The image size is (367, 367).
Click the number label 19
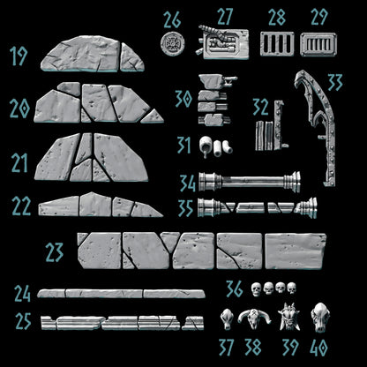click(x=19, y=58)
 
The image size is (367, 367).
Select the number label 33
click(x=334, y=83)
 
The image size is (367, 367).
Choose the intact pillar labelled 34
click(x=251, y=183)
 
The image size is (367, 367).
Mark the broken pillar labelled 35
click(x=257, y=209)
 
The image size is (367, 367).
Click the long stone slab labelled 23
click(x=201, y=250)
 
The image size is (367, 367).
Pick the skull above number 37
click(x=227, y=316)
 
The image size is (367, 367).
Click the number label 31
click(x=183, y=143)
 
